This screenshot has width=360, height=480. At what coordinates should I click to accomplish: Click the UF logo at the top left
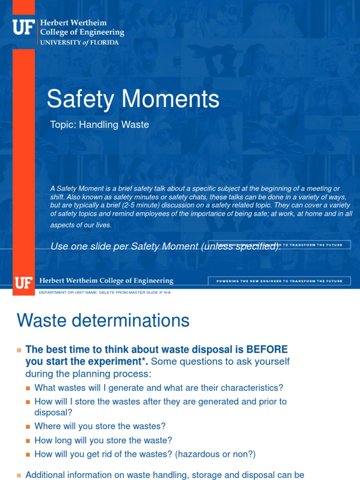(x=24, y=27)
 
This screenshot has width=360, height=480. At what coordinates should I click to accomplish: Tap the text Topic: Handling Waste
(x=99, y=125)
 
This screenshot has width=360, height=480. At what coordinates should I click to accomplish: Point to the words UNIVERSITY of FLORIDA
(x=80, y=42)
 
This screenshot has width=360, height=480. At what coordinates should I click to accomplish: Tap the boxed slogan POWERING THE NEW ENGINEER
(x=279, y=281)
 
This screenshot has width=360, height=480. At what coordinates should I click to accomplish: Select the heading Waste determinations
(x=103, y=321)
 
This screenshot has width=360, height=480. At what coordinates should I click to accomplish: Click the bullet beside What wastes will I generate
(x=28, y=388)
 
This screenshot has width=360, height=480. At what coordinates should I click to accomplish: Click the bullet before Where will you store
(x=28, y=427)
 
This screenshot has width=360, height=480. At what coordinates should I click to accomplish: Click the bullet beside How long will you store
(x=28, y=441)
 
